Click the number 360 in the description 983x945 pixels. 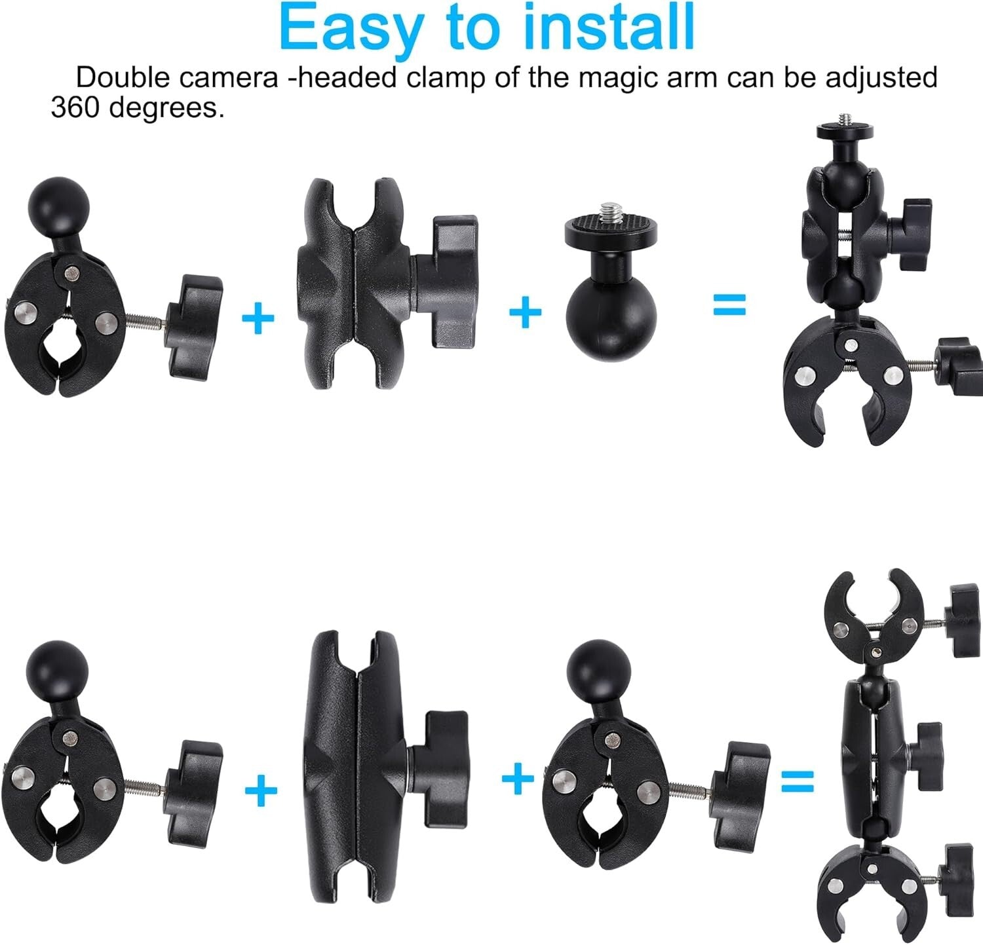(75, 107)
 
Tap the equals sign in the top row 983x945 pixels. (729, 305)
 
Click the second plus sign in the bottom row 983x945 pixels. (518, 778)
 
